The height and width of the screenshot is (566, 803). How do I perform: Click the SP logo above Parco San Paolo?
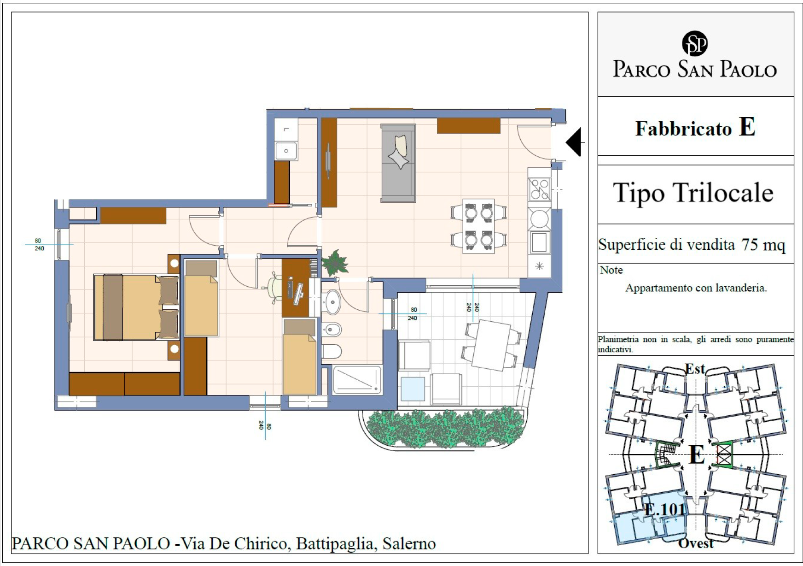[694, 44]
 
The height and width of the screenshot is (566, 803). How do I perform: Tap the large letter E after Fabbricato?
[747, 127]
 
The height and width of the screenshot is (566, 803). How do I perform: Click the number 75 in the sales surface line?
[750, 244]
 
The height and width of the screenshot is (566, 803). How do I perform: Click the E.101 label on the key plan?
[665, 509]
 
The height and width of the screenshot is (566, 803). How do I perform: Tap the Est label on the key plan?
[695, 369]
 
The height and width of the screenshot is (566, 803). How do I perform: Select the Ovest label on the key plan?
[696, 543]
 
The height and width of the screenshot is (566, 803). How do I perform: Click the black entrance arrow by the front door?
[573, 142]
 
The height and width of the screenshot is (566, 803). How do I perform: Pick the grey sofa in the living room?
[398, 163]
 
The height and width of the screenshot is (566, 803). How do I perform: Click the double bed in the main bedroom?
[136, 307]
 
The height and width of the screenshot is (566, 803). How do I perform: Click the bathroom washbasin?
[332, 301]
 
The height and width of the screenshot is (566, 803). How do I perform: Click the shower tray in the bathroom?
[357, 380]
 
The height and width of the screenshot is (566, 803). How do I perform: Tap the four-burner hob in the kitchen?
[539, 189]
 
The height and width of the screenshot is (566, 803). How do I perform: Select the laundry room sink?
[286, 151]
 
